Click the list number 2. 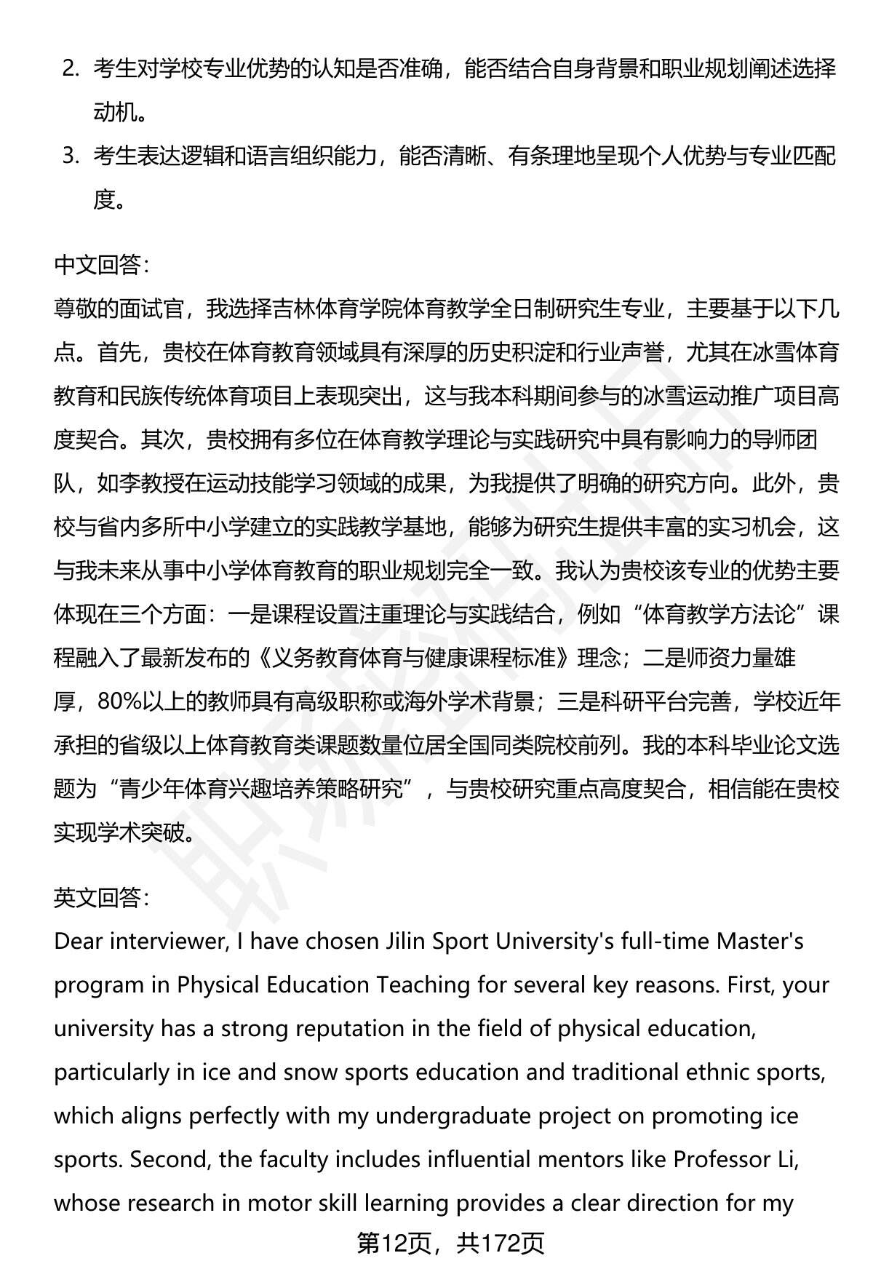tap(71, 69)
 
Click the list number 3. tap(71, 156)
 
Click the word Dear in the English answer tap(79, 942)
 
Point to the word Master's tap(760, 942)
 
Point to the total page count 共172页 tap(501, 1244)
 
